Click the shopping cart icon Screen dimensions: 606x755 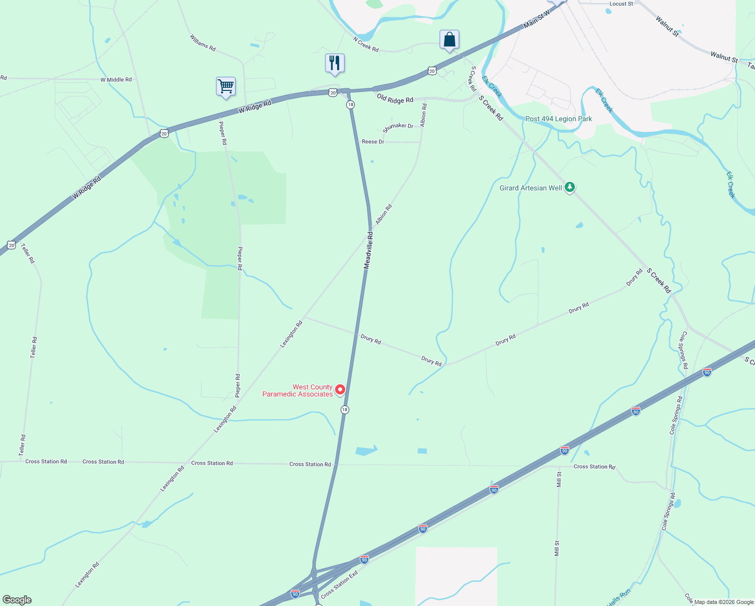click(x=226, y=86)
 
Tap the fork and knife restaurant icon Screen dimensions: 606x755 click(x=335, y=63)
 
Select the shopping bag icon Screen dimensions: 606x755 click(x=449, y=39)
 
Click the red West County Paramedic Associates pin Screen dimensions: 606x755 click(x=340, y=389)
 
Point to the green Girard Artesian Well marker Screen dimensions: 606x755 click(x=570, y=187)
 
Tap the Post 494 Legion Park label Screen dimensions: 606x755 click(x=559, y=119)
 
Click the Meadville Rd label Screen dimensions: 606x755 click(x=369, y=250)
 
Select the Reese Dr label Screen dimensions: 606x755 click(x=373, y=142)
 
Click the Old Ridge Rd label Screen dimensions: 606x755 click(x=395, y=99)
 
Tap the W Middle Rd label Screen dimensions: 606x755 click(x=116, y=80)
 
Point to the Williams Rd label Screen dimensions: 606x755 click(x=203, y=43)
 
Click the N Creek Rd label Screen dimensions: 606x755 click(x=366, y=44)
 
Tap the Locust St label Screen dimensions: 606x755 click(x=621, y=4)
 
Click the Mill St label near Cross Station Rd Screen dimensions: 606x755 click(x=559, y=479)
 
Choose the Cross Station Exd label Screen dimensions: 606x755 click(x=339, y=584)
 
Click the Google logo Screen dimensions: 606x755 click(x=17, y=600)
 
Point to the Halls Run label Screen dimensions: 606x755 click(x=619, y=597)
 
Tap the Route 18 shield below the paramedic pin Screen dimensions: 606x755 click(x=345, y=410)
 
